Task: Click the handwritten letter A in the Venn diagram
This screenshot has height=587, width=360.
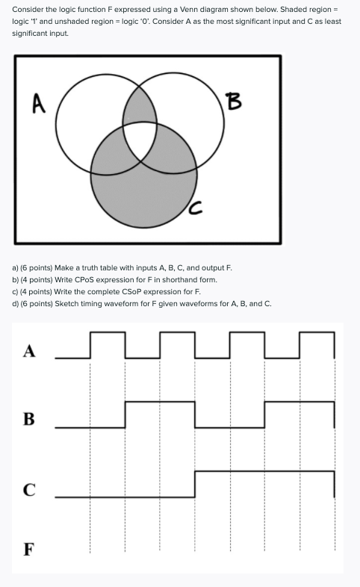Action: coord(36,102)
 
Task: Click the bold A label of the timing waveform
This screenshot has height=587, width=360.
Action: coord(29,352)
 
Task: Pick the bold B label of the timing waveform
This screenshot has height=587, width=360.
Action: coord(29,418)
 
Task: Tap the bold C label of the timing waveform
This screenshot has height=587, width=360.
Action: coord(29,489)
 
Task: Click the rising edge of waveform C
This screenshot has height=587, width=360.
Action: coord(195,484)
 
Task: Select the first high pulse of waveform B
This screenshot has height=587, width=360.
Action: coord(160,403)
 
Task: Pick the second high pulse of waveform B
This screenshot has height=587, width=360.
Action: coord(300,403)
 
